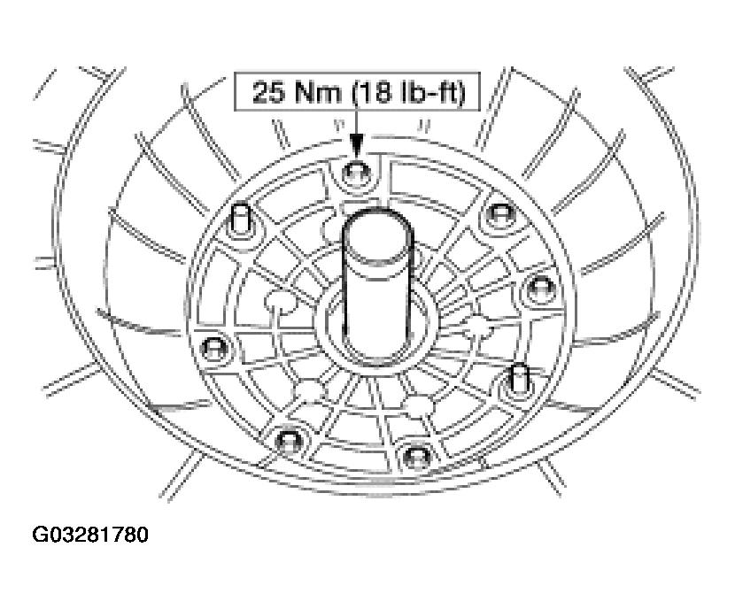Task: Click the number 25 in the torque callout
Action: point(268,92)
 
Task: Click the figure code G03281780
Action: point(90,535)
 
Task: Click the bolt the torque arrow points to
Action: point(357,174)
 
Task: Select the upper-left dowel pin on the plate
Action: point(241,220)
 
